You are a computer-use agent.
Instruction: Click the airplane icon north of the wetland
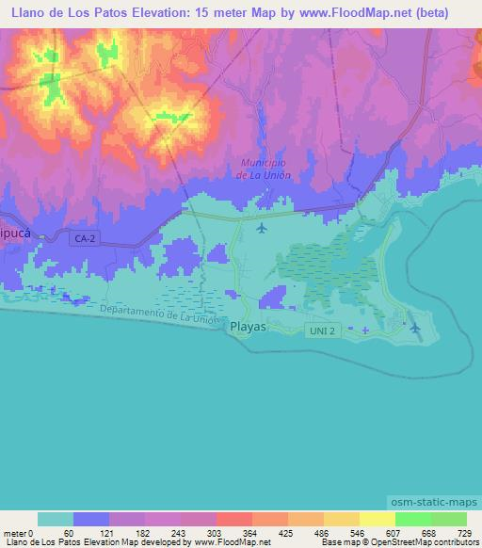coord(262,227)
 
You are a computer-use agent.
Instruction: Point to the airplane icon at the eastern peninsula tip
coord(416,327)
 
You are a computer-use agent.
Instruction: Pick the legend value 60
coord(68,533)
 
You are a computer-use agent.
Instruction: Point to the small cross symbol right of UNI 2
coord(365,330)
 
